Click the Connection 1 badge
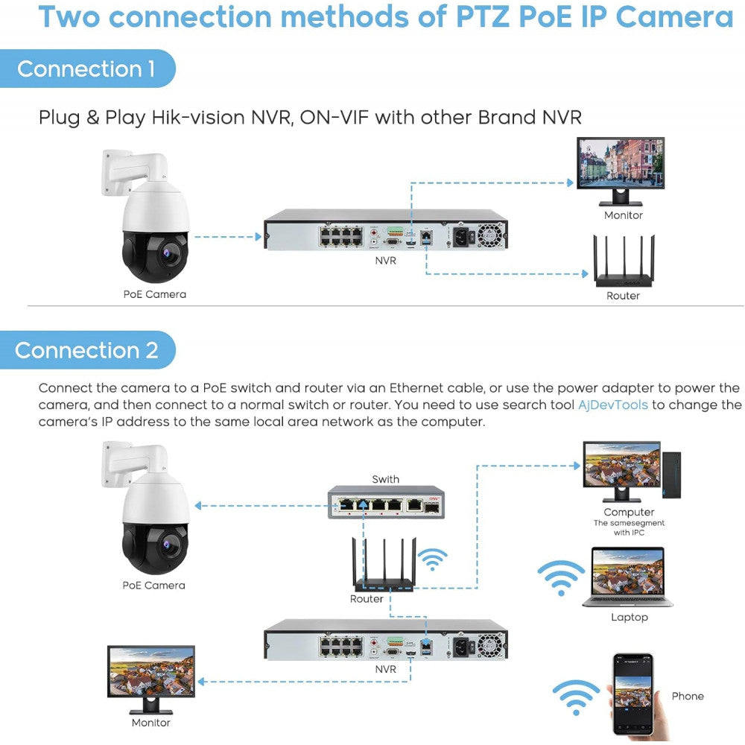86,69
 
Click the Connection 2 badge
86,350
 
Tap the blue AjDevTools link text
613,405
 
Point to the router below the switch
382,567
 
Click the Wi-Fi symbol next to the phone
576,698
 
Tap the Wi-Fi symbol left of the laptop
561,577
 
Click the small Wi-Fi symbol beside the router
433,559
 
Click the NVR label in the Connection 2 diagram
385,669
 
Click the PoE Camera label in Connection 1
154,294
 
